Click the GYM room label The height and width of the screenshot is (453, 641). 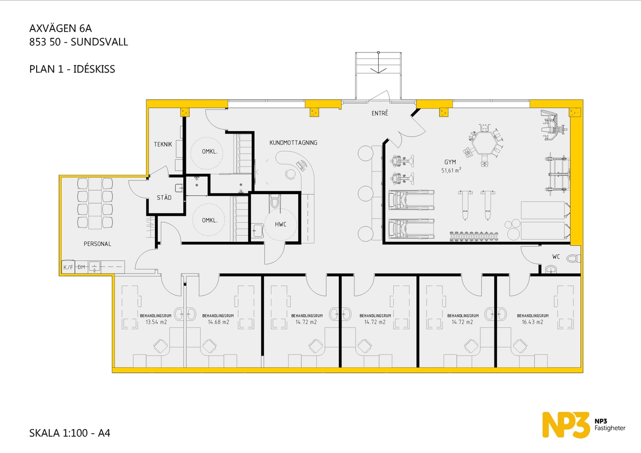(450, 162)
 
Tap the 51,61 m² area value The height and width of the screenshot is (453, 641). (451, 170)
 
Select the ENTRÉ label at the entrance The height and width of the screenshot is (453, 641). (380, 113)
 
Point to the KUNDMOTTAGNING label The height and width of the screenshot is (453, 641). (293, 143)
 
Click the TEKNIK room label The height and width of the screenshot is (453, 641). (163, 144)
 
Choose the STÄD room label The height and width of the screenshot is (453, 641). (164, 197)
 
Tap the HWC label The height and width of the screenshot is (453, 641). (281, 225)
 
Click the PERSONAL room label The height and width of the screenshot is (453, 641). (97, 244)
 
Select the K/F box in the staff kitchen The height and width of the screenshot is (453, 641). (68, 267)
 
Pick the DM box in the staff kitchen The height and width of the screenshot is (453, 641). (81, 267)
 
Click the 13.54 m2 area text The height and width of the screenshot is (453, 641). (156, 322)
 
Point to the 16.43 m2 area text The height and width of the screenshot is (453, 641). (532, 322)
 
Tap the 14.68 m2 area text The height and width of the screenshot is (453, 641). (218, 322)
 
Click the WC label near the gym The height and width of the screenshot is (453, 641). (556, 257)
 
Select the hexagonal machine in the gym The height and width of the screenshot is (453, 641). (484, 145)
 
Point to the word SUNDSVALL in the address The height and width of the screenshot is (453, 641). (99, 42)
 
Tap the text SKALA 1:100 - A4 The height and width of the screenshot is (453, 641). (69, 433)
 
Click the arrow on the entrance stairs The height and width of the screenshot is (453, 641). (378, 62)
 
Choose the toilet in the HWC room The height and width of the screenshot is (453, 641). (275, 201)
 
